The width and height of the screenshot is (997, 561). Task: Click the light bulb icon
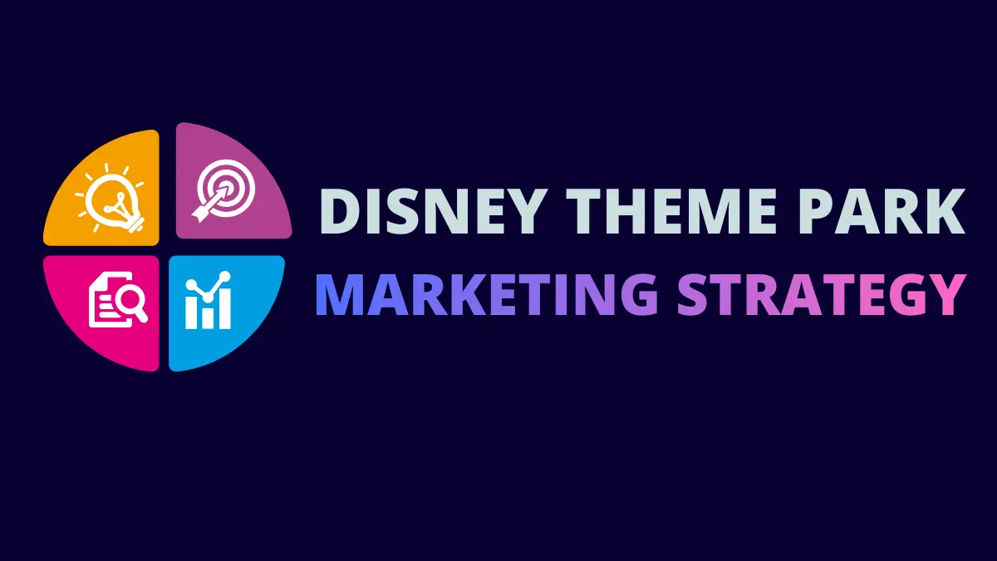coord(110,198)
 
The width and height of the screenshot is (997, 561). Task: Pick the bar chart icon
coord(208,303)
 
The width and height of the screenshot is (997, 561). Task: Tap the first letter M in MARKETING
coord(342,294)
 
